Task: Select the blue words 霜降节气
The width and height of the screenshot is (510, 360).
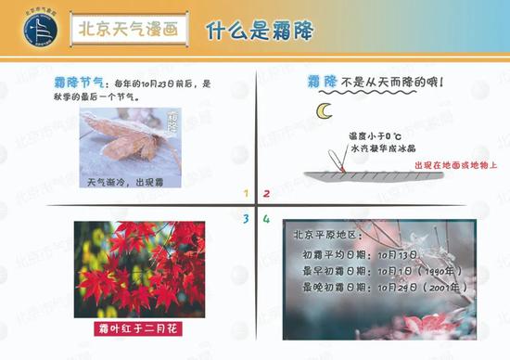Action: pos(79,84)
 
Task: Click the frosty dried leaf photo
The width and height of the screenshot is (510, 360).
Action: pos(130,139)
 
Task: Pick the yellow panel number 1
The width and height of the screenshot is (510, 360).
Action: pos(246,194)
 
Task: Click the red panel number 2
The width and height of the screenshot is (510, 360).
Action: pos(266,194)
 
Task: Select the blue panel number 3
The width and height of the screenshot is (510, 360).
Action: pos(246,219)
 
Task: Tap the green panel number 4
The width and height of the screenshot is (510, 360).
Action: pos(266,219)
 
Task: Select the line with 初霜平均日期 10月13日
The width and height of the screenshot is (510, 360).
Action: pos(360,254)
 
